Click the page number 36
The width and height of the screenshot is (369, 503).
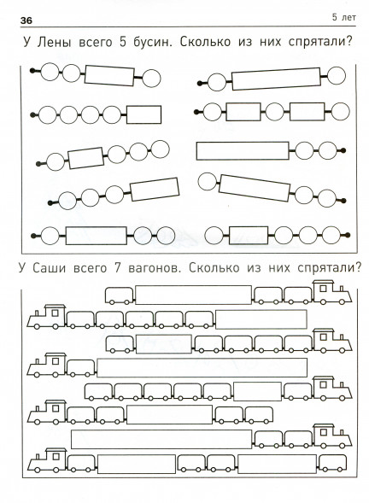[26, 20]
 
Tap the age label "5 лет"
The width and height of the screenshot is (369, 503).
[343, 17]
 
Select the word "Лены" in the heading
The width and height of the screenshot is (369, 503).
[54, 43]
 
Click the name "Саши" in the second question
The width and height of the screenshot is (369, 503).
[49, 268]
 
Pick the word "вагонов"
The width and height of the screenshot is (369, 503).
[153, 268]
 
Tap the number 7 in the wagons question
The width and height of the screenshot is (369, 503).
[117, 268]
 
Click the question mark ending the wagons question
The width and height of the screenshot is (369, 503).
[358, 267]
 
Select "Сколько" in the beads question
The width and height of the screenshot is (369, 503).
[205, 42]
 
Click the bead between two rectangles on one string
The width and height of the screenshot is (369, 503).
[275, 112]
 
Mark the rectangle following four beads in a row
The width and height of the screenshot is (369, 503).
[143, 114]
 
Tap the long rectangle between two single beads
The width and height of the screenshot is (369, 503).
[276, 79]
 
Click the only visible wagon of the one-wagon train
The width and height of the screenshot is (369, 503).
[81, 367]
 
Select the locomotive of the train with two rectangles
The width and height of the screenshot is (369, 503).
[46, 460]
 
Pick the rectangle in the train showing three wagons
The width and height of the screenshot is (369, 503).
[193, 295]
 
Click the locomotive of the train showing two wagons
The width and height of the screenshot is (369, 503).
[331, 436]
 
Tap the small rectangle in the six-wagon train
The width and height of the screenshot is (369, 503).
[257, 392]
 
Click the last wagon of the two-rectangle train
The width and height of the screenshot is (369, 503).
[332, 464]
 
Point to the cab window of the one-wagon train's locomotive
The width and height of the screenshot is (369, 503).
[56, 361]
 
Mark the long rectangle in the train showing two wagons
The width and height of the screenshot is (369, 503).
[161, 439]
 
